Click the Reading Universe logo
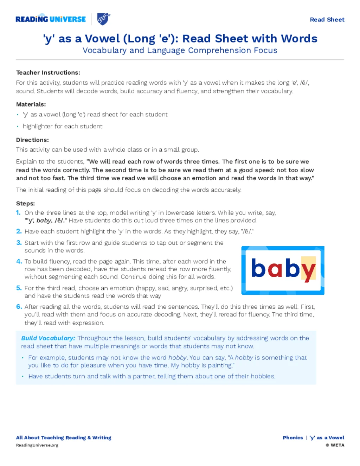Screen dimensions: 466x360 pyautogui.click(x=51, y=19)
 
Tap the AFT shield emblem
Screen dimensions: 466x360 pyautogui.click(x=104, y=19)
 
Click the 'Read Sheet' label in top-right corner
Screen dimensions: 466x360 pyautogui.click(x=327, y=20)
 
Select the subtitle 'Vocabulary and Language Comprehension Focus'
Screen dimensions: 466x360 pyautogui.click(x=180, y=50)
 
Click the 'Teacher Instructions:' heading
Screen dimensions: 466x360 pyautogui.click(x=48, y=72)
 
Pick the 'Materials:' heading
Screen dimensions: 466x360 pyautogui.click(x=31, y=104)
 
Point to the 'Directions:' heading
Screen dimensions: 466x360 pyautogui.click(x=32, y=140)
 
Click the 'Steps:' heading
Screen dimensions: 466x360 pyautogui.click(x=25, y=203)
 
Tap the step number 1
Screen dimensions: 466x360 pyautogui.click(x=18, y=212)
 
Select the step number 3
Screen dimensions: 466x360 pyautogui.click(x=19, y=243)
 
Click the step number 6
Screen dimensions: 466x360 pyautogui.click(x=19, y=307)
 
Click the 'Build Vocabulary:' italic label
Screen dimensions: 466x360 pyautogui.click(x=48, y=338)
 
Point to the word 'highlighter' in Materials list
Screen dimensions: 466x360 pyautogui.click(x=38, y=126)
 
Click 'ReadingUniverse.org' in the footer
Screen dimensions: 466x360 pyautogui.click(x=37, y=445)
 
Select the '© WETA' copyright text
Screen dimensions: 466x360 pyautogui.click(x=335, y=445)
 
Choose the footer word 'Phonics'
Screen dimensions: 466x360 pyautogui.click(x=292, y=438)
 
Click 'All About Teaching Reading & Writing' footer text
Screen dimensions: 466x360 pyautogui.click(x=64, y=438)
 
